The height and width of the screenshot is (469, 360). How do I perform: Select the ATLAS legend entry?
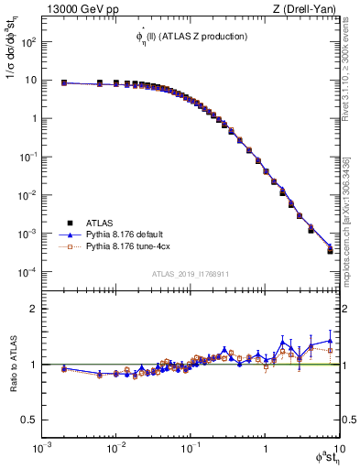click(x=99, y=223)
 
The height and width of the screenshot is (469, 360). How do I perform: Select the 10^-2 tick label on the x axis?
click(x=115, y=448)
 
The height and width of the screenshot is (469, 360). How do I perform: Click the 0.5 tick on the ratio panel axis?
click(x=27, y=420)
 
